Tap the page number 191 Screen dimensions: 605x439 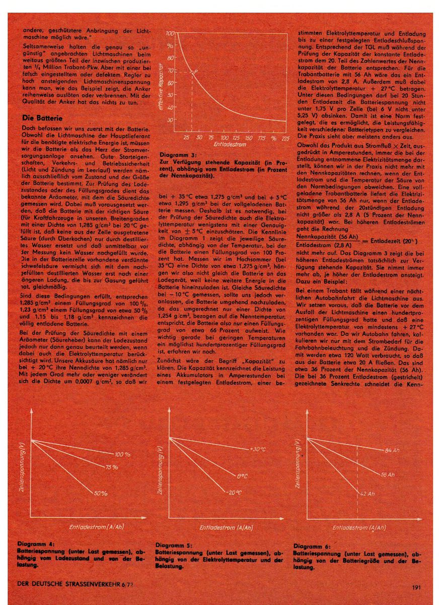416,587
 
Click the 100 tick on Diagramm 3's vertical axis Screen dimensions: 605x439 169,33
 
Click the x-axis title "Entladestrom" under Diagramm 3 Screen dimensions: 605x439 229,144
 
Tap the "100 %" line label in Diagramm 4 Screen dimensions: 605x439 122,454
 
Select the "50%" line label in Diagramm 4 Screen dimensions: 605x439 101,493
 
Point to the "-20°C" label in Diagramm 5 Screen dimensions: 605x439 232,492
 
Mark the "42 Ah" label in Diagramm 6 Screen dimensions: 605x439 368,494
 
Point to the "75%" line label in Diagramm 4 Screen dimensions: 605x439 112,467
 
